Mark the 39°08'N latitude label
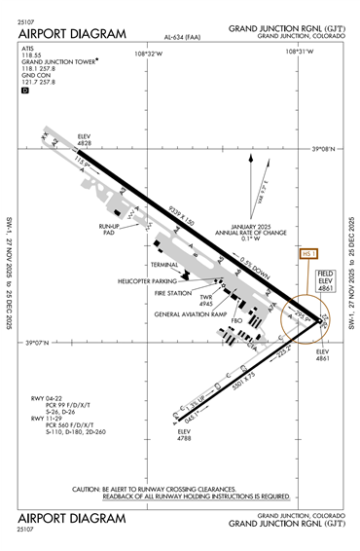click(323, 149)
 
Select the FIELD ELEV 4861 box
click(326, 280)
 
